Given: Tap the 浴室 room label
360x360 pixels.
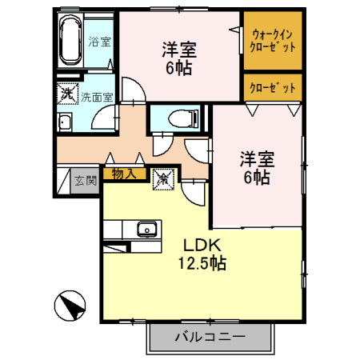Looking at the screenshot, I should pyautogui.click(x=99, y=42).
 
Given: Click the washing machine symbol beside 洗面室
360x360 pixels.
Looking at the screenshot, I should pyautogui.click(x=66, y=93).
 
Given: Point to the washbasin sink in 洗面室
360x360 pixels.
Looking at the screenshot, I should pyautogui.click(x=66, y=122).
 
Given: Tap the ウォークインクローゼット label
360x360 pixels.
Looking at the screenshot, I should pyautogui.click(x=273, y=41).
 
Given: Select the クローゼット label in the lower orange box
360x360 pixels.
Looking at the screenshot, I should pyautogui.click(x=273, y=87).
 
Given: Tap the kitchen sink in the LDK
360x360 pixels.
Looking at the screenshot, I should pyautogui.click(x=146, y=230).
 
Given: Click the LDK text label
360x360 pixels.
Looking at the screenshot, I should pyautogui.click(x=202, y=246).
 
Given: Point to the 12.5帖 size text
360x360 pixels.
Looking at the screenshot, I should pyautogui.click(x=202, y=262).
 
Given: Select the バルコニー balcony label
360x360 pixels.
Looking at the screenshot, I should pyautogui.click(x=209, y=337).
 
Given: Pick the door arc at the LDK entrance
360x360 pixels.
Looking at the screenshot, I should pyautogui.click(x=193, y=192).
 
